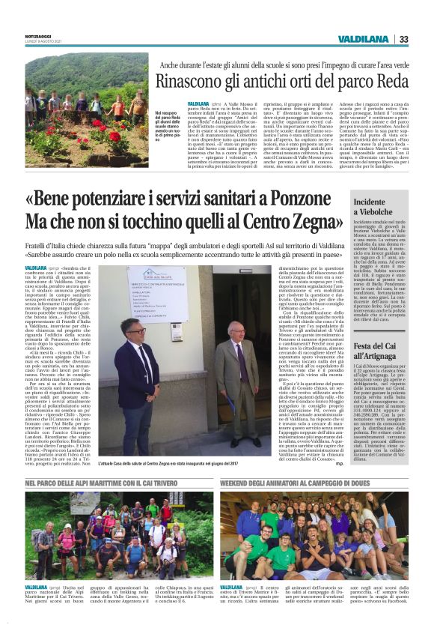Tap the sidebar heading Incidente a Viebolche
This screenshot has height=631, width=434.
click(375, 208)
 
